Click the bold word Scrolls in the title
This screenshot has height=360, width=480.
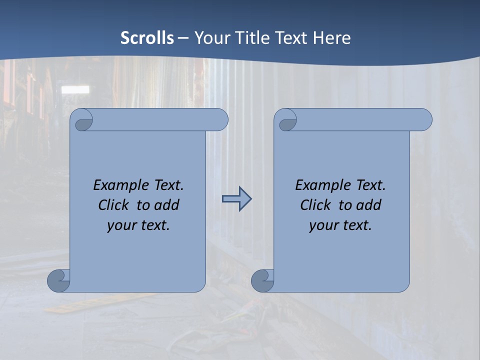coord(147,38)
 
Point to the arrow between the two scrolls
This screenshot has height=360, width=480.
coord(236,199)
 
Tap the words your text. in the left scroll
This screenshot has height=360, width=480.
coord(138,225)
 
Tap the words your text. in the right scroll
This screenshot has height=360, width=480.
coord(340,225)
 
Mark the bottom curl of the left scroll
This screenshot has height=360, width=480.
coord(58,280)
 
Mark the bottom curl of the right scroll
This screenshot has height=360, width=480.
coord(262,280)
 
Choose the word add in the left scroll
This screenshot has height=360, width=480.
coord(167,205)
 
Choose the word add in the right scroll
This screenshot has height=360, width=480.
coord(369,205)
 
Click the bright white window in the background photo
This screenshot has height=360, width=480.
coord(75,89)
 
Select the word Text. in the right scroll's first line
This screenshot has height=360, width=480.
coord(370,185)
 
